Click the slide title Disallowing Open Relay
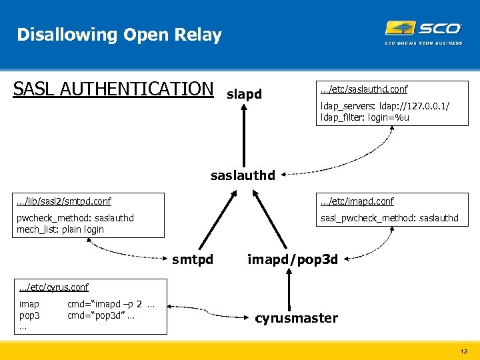[x=119, y=35]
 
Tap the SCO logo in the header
[x=423, y=30]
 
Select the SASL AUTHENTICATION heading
[x=113, y=89]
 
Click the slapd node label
[x=244, y=95]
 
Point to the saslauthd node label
[x=243, y=176]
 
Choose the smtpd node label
[x=193, y=259]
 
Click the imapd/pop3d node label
[x=293, y=259]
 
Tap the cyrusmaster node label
[x=296, y=318]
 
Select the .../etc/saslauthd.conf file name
[x=364, y=89]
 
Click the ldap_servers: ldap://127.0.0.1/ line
[x=385, y=107]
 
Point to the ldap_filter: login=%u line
[x=365, y=118]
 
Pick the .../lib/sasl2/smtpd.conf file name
[x=64, y=201]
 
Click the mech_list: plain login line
[x=60, y=229]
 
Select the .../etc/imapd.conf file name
[x=357, y=201]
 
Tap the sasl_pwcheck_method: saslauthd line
[x=389, y=218]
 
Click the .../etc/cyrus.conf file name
[x=54, y=287]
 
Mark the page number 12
[x=463, y=351]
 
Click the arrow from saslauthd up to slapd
[x=244, y=133]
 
